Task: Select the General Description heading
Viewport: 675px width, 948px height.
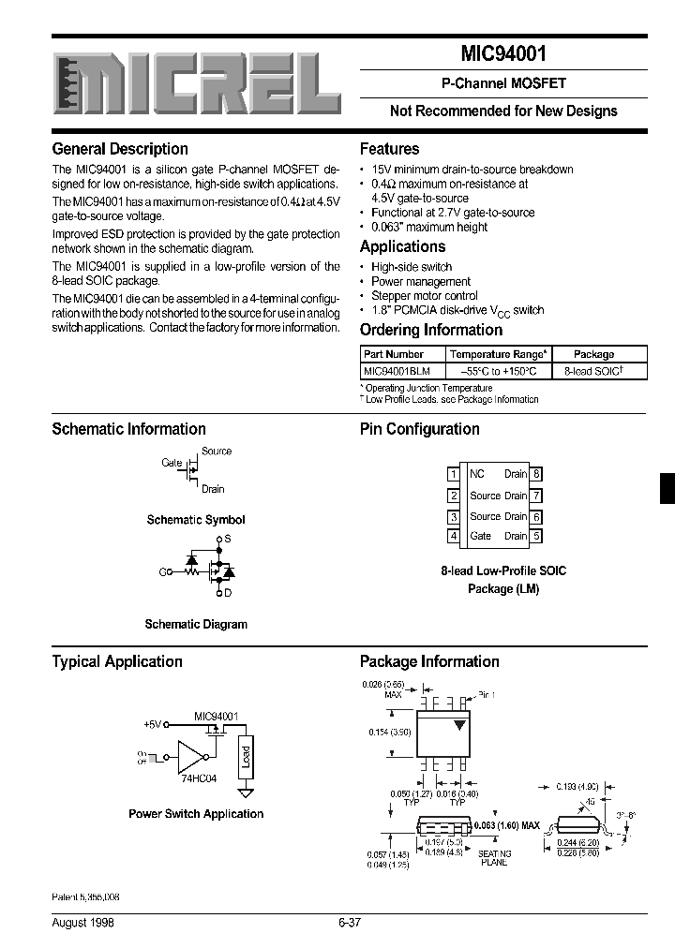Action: coord(120,149)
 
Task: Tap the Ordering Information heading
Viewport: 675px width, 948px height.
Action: coord(431,330)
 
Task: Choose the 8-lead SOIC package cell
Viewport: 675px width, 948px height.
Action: coord(593,371)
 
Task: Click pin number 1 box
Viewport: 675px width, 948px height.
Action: coord(454,474)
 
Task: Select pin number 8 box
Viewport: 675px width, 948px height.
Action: coord(537,474)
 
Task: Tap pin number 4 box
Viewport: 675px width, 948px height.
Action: coord(454,537)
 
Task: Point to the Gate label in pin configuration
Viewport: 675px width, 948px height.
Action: coord(481,537)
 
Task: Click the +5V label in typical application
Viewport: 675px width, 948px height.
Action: coord(152,724)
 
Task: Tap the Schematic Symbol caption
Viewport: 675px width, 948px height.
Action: coord(196,519)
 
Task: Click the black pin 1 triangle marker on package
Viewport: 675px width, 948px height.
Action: coord(459,725)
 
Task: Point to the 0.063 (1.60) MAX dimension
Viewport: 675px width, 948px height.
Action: coord(507,825)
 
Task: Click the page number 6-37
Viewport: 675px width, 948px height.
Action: coord(349,923)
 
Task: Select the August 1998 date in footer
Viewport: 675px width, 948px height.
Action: coord(84,923)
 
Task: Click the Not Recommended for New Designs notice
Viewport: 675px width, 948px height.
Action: coord(503,111)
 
